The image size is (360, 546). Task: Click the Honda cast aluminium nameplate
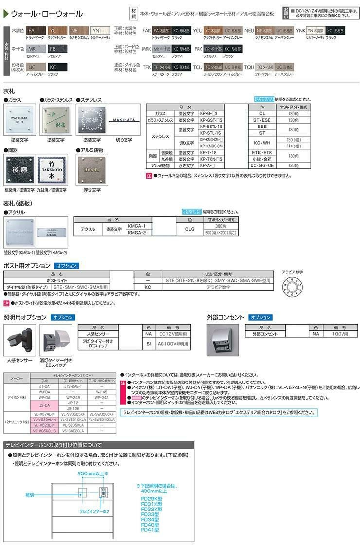pos(93,171)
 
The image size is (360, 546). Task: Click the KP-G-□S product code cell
pos(211,113)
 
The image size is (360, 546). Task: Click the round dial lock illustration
pos(294,290)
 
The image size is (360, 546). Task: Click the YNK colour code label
pos(300,30)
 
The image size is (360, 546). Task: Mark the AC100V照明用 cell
pos(173,344)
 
